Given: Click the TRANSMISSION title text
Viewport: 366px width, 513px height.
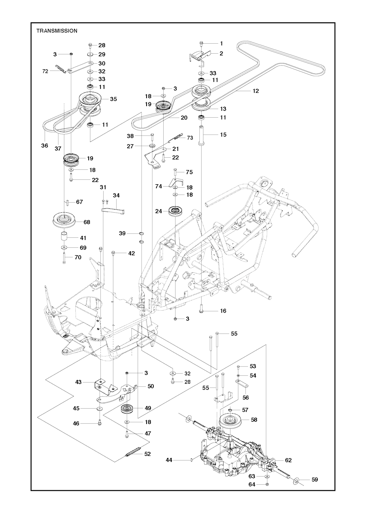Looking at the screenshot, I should point(57,31).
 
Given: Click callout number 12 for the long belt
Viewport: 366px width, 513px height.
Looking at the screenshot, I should point(256,91).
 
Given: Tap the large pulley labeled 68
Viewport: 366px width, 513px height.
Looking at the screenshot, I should point(65,221).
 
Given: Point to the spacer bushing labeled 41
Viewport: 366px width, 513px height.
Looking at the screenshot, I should point(65,237).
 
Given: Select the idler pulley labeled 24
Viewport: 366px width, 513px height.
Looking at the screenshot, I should point(176,211).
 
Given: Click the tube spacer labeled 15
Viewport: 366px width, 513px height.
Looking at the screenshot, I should point(202,135).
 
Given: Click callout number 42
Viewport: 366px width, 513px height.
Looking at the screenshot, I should point(132,253).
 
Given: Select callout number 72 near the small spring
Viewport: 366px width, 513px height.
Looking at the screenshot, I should point(45,71).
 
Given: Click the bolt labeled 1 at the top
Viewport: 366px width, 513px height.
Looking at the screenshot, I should point(202,44).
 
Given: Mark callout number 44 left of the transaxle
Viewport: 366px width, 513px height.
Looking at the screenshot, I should point(169,460).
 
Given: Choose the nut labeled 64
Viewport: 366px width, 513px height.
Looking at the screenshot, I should point(268,484).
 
